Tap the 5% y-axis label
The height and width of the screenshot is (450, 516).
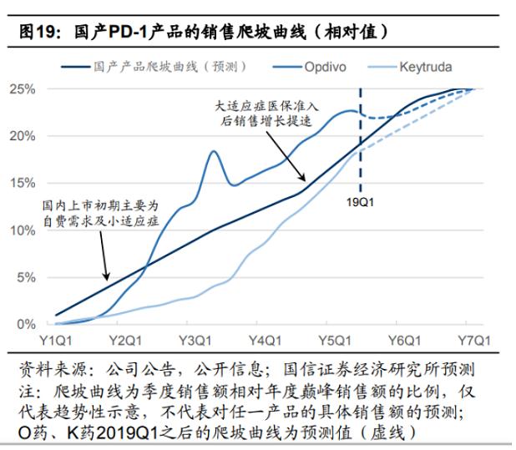point(26,277)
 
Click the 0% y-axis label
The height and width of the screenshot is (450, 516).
point(26,324)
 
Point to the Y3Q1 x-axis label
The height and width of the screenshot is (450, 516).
point(195,341)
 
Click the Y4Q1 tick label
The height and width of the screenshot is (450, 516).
point(264,341)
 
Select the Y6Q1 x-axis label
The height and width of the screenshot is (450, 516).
point(404,341)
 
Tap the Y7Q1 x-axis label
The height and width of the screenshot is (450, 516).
point(473,341)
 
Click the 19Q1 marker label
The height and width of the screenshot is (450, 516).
point(362,202)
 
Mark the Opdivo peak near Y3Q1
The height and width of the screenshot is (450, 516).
point(212,151)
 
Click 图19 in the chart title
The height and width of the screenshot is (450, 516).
point(38,33)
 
